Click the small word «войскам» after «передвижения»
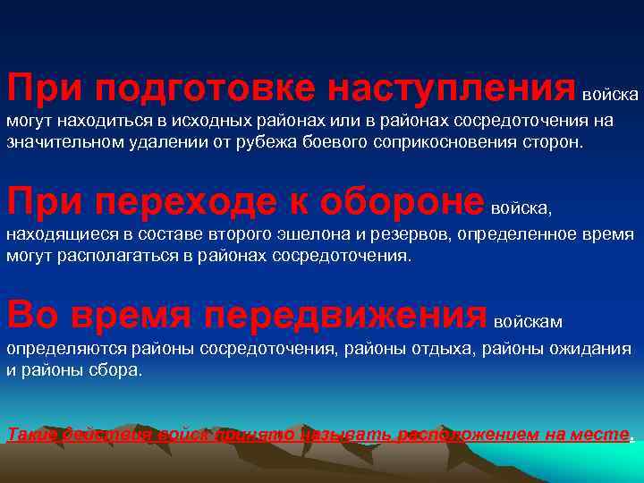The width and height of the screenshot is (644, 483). [528, 319]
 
